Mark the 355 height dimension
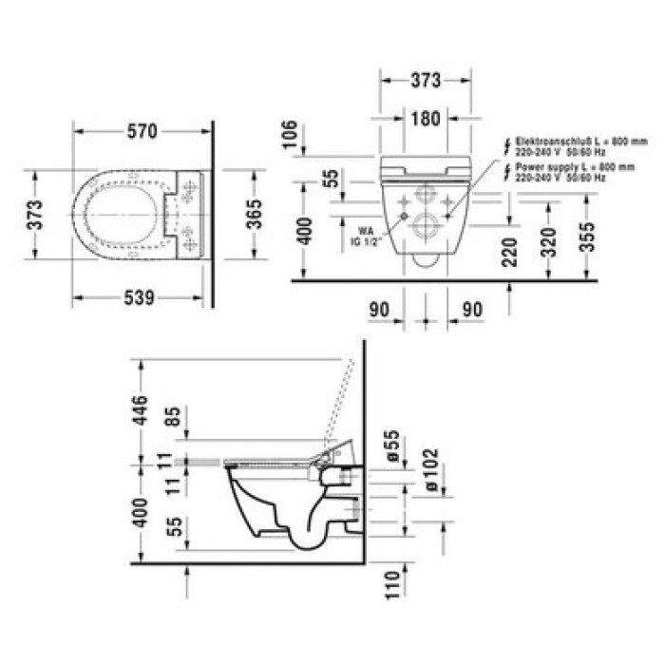pyautogui.click(x=589, y=236)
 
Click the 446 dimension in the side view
pyautogui.click(x=141, y=409)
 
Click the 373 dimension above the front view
pyautogui.click(x=426, y=81)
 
